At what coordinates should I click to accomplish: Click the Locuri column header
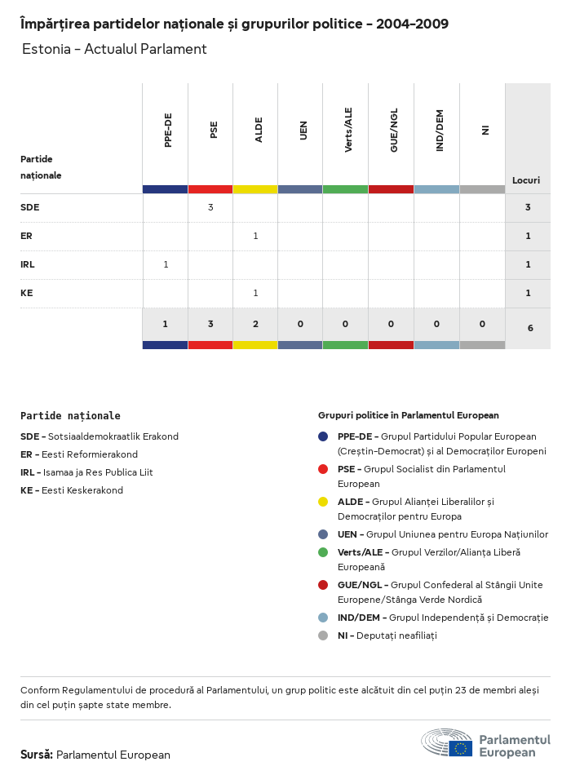pyautogui.click(x=526, y=180)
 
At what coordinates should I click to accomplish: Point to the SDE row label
pyautogui.click(x=30, y=207)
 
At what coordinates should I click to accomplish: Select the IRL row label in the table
pyautogui.click(x=28, y=264)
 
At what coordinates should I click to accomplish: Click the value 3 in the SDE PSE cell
pyautogui.click(x=210, y=207)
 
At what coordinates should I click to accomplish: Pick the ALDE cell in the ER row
pyautogui.click(x=255, y=236)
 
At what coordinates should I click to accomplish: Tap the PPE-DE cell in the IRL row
pyautogui.click(x=166, y=264)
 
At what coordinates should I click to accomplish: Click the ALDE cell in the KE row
pyautogui.click(x=255, y=293)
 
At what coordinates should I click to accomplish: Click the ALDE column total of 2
pyautogui.click(x=255, y=324)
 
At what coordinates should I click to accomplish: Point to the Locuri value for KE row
pyautogui.click(x=528, y=293)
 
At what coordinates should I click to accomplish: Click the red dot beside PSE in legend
pyautogui.click(x=324, y=469)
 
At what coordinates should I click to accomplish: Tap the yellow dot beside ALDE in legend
pyautogui.click(x=324, y=502)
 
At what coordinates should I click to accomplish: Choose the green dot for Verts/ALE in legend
pyautogui.click(x=324, y=552)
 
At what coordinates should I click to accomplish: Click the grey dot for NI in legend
pyautogui.click(x=324, y=635)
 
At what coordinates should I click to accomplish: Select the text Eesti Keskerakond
pyautogui.click(x=82, y=490)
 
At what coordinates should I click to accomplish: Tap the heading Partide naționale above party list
pyautogui.click(x=70, y=415)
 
